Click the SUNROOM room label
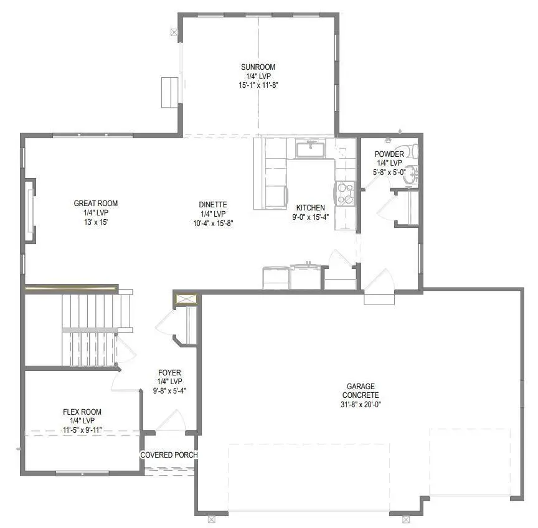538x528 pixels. tap(258, 67)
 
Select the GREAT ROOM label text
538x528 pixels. tap(96, 204)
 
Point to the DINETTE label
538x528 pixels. tap(213, 205)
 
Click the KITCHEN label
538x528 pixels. tap(310, 208)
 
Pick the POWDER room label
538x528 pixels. tap(389, 154)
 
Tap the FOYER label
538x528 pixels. tap(169, 373)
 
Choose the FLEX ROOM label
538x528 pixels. tap(82, 412)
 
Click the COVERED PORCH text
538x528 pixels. tap(169, 455)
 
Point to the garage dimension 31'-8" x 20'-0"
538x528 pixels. tap(361, 404)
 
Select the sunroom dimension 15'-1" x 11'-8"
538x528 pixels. tap(258, 85)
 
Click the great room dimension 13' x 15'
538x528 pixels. tap(96, 222)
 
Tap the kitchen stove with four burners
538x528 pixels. tap(345, 193)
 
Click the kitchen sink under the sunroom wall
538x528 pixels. tap(310, 149)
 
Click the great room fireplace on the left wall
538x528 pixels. tap(29, 210)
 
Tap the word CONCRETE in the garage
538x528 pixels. tap(361, 395)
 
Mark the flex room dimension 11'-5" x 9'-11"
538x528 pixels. tap(82, 430)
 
